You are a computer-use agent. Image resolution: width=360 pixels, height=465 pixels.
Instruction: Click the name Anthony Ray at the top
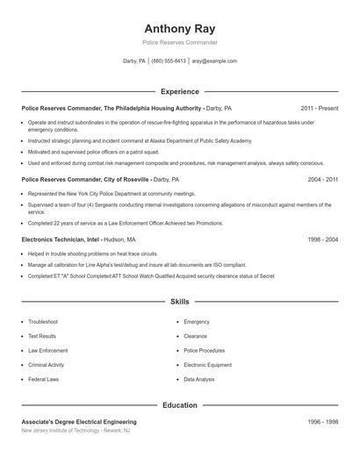pyautogui.click(x=180, y=27)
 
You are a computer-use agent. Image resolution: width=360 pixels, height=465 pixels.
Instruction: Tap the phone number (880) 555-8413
pyautogui.click(x=169, y=61)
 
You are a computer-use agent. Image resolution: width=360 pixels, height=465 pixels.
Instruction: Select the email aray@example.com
pyautogui.click(x=214, y=61)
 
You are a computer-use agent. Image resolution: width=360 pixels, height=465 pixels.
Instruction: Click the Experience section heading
pyautogui.click(x=180, y=91)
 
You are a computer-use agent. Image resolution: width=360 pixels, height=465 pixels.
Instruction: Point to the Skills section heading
pyautogui.click(x=180, y=301)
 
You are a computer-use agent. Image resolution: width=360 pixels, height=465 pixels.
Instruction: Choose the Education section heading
pyautogui.click(x=180, y=405)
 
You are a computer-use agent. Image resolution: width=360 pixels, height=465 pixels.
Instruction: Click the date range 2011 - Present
pyautogui.click(x=319, y=108)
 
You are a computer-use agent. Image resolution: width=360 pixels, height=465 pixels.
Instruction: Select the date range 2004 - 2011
pyautogui.click(x=322, y=179)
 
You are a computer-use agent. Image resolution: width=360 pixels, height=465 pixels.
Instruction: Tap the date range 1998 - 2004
pyautogui.click(x=322, y=239)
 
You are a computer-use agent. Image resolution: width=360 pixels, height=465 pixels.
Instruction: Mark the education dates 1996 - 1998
pyautogui.click(x=322, y=422)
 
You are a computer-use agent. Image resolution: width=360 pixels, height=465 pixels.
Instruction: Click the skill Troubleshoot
pyautogui.click(x=43, y=322)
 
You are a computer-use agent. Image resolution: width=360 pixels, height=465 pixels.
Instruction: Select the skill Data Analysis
pyautogui.click(x=198, y=379)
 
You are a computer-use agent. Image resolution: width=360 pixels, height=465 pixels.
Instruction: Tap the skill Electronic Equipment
pyautogui.click(x=207, y=365)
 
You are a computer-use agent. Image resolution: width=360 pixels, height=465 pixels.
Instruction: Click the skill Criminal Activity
pyautogui.click(x=46, y=365)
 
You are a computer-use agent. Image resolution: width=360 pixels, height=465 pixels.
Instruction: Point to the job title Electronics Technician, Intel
pyautogui.click(x=61, y=239)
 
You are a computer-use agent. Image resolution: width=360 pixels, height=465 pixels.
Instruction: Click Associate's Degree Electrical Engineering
pyautogui.click(x=79, y=422)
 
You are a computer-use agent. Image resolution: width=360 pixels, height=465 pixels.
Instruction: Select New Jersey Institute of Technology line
pyautogui.click(x=76, y=431)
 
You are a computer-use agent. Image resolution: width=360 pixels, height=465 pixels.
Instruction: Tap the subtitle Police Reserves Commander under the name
pyautogui.click(x=180, y=42)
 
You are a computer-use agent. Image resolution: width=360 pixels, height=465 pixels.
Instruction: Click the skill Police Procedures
pyautogui.click(x=205, y=350)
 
